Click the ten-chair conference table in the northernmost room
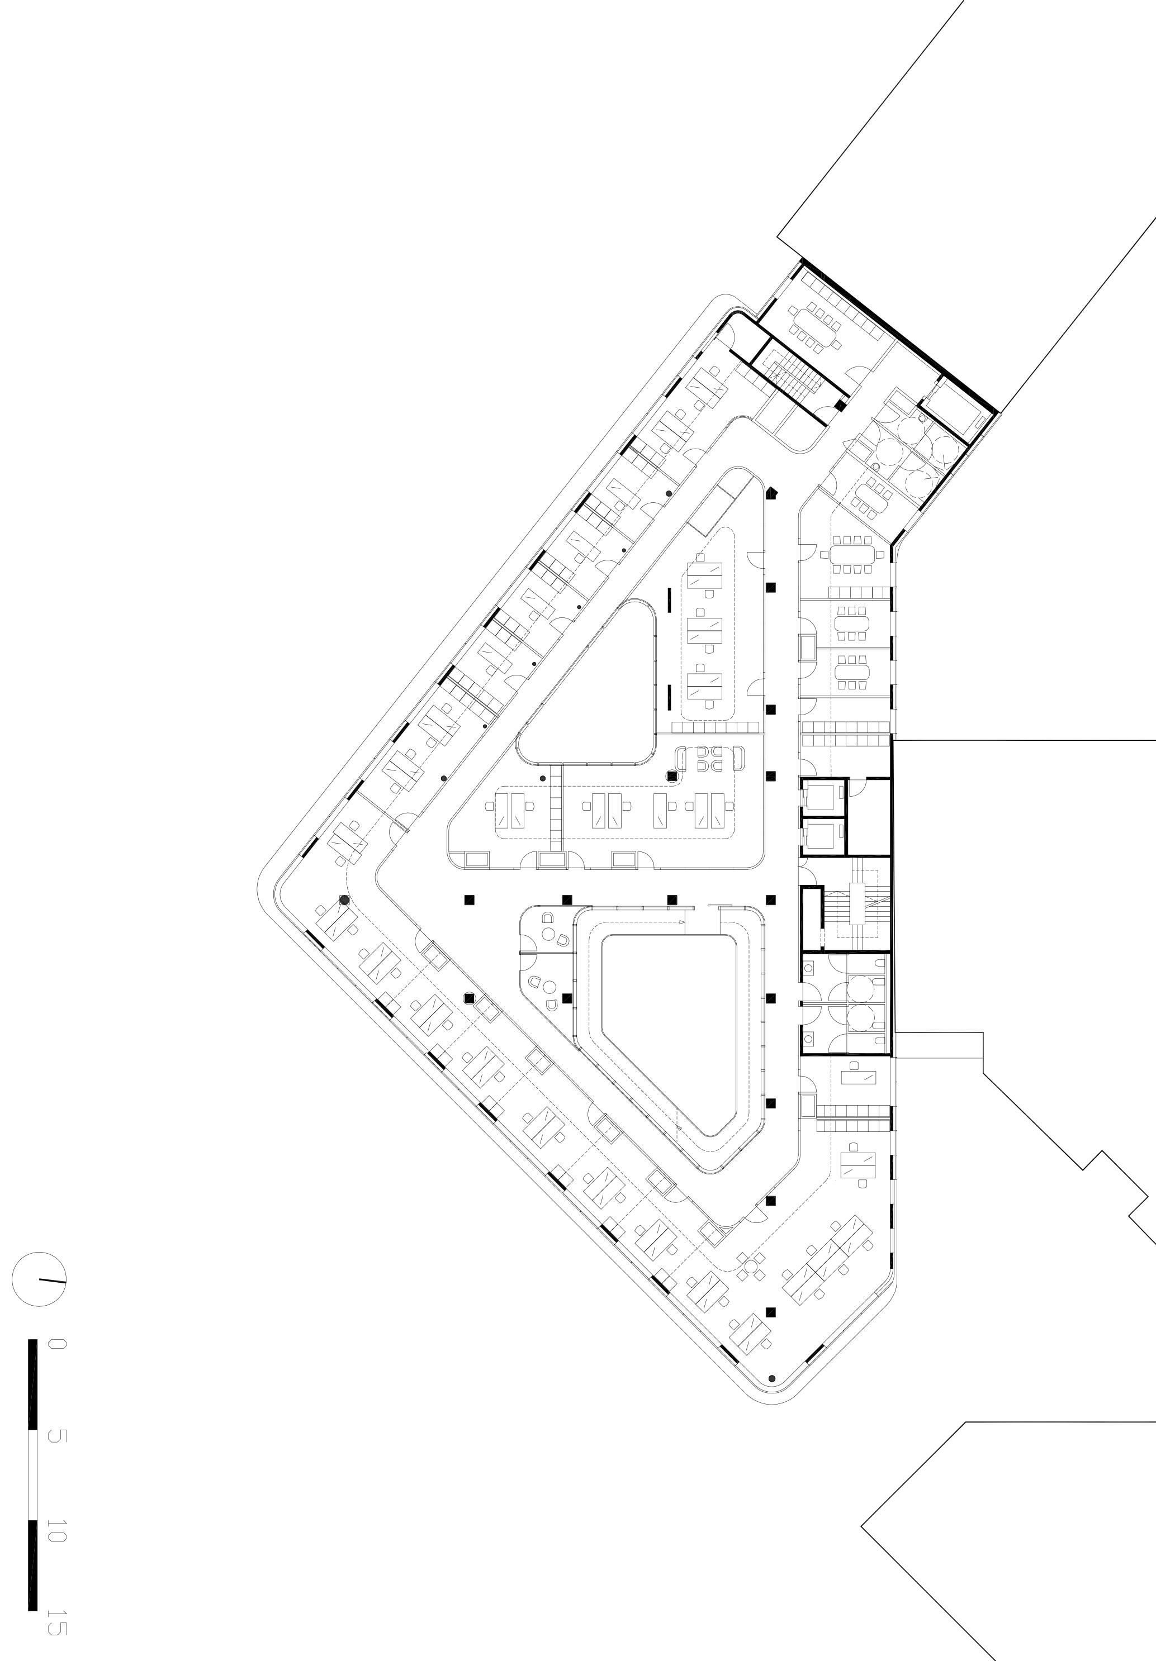pos(816,326)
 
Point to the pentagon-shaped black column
pos(773,493)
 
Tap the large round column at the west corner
pos(344,901)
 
